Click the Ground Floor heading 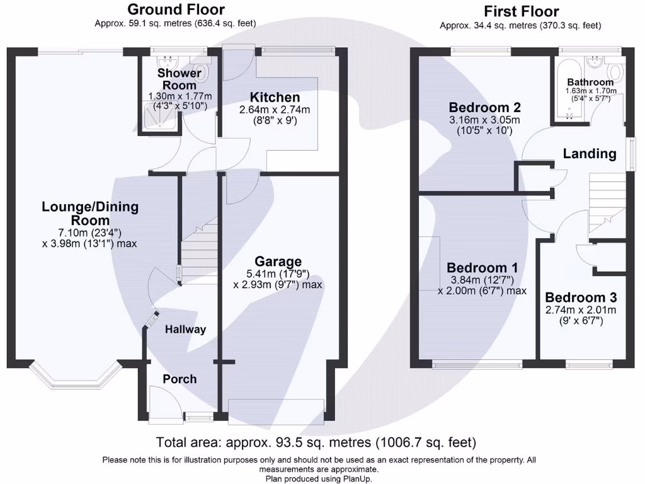point(176,9)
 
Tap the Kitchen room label point(275,98)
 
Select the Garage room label point(278,262)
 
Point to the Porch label point(180,379)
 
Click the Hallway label point(185,329)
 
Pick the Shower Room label point(180,79)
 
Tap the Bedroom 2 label point(483,107)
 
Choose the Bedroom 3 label point(581,297)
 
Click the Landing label point(590,153)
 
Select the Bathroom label point(590,83)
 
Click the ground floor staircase point(198,249)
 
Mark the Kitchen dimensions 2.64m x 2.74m point(274,110)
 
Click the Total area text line point(316,442)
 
